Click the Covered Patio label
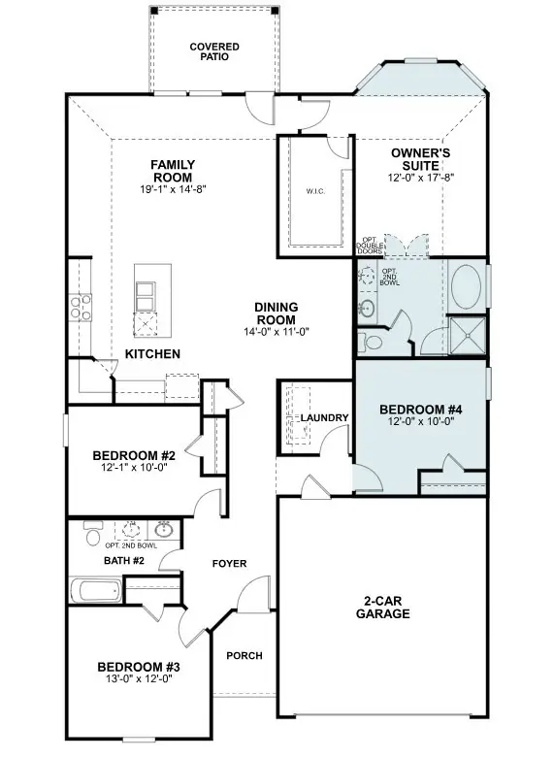214,51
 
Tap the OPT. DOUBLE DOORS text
370,245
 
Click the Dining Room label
276,313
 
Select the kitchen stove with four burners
79,308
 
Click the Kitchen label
152,354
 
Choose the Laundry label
324,418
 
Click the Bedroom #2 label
134,455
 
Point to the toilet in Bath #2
93,536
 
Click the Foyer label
230,564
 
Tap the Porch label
244,655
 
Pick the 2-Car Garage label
382,608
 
